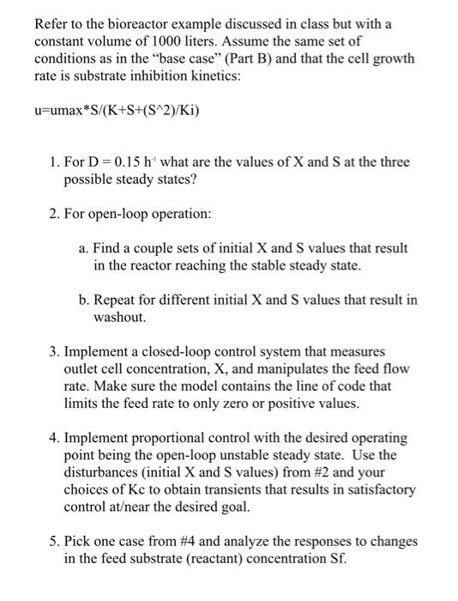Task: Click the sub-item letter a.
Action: pyautogui.click(x=82, y=247)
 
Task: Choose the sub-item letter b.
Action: pyautogui.click(x=82, y=300)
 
